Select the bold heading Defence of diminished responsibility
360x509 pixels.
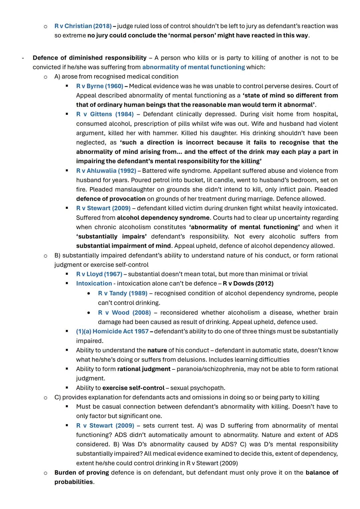pyautogui.click(x=89, y=58)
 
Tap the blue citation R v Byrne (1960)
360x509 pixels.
pyautogui.click(x=99, y=86)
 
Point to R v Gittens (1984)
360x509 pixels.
pyautogui.click(x=105, y=114)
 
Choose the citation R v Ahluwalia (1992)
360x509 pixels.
pyautogui.click(x=106, y=171)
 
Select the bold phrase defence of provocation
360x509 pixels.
pyautogui.click(x=111, y=199)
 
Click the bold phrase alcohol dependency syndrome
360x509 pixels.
pyautogui.click(x=163, y=218)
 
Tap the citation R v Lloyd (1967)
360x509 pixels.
pyautogui.click(x=99, y=274)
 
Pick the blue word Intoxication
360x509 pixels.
pyautogui.click(x=94, y=283)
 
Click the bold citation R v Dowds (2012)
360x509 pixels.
pyautogui.click(x=248, y=283)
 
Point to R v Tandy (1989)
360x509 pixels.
pyautogui.click(x=122, y=293)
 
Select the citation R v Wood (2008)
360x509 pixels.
pyautogui.click(x=124, y=313)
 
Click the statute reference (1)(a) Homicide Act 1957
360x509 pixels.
pyautogui.click(x=112, y=331)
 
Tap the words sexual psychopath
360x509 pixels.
pyautogui.click(x=198, y=388)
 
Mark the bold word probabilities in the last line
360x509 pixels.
pyautogui.click(x=74, y=482)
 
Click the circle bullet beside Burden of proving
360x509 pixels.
pyautogui.click(x=46, y=473)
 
